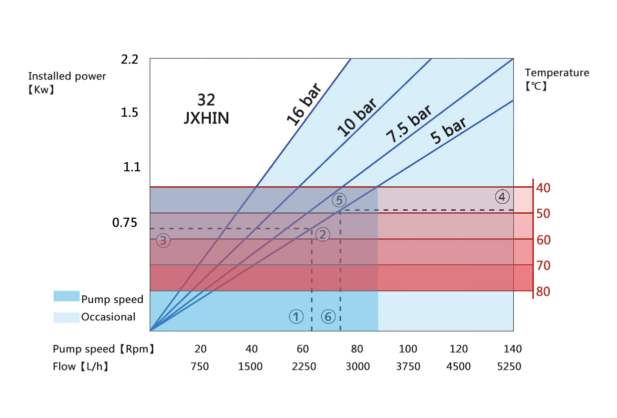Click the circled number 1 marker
tap(296, 316)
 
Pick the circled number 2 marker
tap(323, 234)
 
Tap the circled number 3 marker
tap(163, 241)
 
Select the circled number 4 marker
tap(502, 196)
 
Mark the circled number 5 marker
tap(339, 200)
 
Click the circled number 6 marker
tap(328, 316)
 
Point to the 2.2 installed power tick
tap(129, 60)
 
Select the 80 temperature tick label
tap(543, 291)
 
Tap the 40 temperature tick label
tap(543, 188)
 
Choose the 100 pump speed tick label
tap(408, 349)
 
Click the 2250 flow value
tap(304, 366)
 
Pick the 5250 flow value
tap(509, 366)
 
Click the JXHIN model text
tap(206, 118)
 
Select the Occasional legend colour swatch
tap(67, 317)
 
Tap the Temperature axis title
tap(557, 73)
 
